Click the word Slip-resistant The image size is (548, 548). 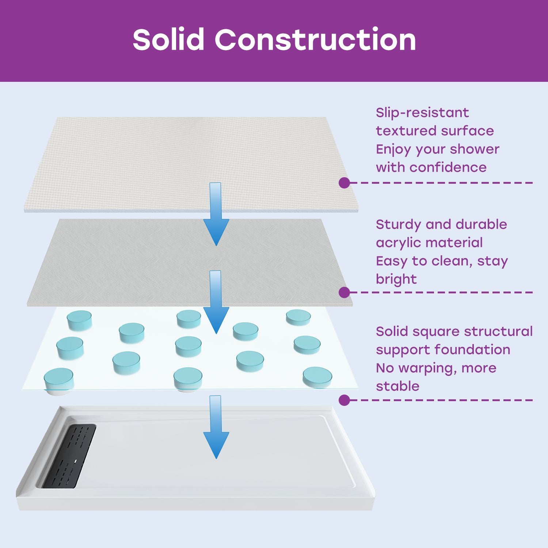click(422, 113)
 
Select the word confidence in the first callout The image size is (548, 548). click(448, 167)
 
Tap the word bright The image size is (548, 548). click(396, 279)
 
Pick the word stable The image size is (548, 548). click(397, 386)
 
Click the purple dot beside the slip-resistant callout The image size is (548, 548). click(344, 183)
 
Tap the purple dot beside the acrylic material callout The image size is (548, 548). click(344, 292)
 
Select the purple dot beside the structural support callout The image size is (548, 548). click(344, 400)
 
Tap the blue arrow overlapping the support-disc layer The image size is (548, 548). click(216, 301)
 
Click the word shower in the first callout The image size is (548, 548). click(474, 149)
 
